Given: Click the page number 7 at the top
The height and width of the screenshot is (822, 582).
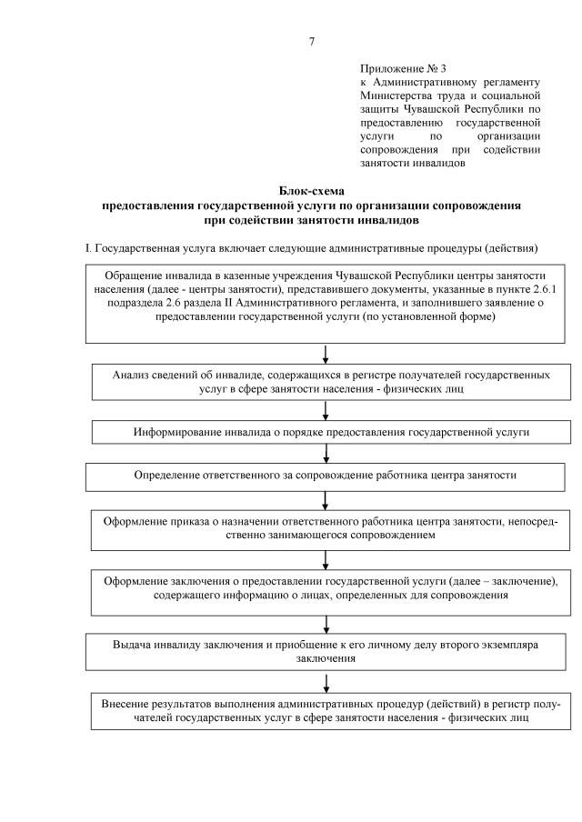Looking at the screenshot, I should coord(312,40).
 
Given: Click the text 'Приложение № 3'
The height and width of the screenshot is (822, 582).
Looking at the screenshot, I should coord(403,68).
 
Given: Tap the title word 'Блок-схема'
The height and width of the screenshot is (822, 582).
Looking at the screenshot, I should coord(311,192).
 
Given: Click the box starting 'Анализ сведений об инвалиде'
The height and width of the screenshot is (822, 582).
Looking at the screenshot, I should coord(330,382).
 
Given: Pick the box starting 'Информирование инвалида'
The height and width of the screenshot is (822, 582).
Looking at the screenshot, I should coord(331,432).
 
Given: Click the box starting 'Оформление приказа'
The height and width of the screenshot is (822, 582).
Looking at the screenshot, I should coord(330,528).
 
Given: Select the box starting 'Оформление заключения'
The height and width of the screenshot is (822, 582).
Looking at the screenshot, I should coord(330,587).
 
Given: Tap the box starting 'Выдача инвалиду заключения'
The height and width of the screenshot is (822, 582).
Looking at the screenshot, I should coord(325,650).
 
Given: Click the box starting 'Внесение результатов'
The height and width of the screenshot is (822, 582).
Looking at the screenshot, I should coord(330,711).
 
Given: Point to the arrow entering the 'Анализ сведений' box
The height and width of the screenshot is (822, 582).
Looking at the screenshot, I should coord(326,354).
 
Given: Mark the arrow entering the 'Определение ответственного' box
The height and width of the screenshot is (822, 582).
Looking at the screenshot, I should coord(326,454).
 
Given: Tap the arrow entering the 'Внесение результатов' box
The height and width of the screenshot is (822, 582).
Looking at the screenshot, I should coord(326,681).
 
